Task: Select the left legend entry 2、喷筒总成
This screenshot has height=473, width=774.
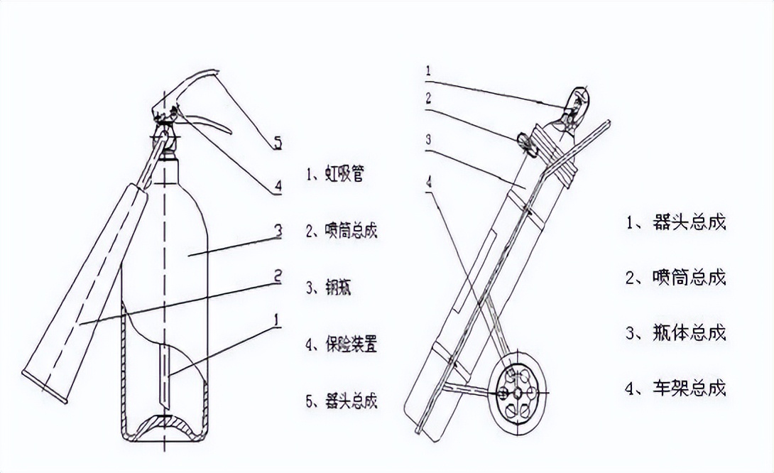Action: pyautogui.click(x=341, y=232)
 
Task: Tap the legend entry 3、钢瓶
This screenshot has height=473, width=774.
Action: pyautogui.click(x=329, y=289)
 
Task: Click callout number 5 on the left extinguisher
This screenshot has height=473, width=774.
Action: pyautogui.click(x=278, y=143)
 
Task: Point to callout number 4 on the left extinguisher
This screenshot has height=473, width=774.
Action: pyautogui.click(x=278, y=187)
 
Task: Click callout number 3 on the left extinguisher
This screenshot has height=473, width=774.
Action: pyautogui.click(x=278, y=229)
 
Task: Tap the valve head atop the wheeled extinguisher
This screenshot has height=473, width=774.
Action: pyautogui.click(x=577, y=107)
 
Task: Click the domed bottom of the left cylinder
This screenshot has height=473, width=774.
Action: pyautogui.click(x=165, y=425)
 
